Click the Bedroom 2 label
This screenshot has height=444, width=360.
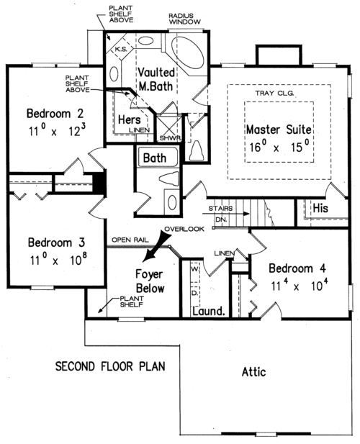pyautogui.click(x=55, y=114)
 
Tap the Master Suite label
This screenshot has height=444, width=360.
pyautogui.click(x=279, y=130)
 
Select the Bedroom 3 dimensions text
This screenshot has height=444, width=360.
pyautogui.click(x=58, y=259)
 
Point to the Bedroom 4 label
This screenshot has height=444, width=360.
pyautogui.click(x=297, y=268)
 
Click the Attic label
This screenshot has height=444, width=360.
pyautogui.click(x=253, y=372)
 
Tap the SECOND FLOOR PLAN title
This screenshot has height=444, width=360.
pyautogui.click(x=110, y=366)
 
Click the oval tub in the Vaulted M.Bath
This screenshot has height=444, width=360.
pyautogui.click(x=188, y=55)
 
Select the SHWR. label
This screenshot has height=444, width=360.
pyautogui.click(x=171, y=138)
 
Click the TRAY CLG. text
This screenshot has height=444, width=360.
pyautogui.click(x=275, y=93)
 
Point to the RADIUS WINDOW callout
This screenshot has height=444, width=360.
pyautogui.click(x=184, y=19)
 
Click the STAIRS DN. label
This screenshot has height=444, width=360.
pyautogui.click(x=220, y=214)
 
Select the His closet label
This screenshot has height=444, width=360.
pyautogui.click(x=320, y=209)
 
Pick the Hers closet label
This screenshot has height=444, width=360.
pyautogui.click(x=129, y=119)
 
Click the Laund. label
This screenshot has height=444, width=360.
pyautogui.click(x=209, y=312)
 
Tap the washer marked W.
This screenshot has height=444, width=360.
pyautogui.click(x=195, y=269)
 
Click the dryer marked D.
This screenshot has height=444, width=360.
pyautogui.click(x=195, y=294)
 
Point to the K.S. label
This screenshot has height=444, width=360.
pyautogui.click(x=121, y=49)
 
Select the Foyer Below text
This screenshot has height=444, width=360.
pyautogui.click(x=150, y=281)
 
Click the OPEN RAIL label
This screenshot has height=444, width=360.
pyautogui.click(x=130, y=240)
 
